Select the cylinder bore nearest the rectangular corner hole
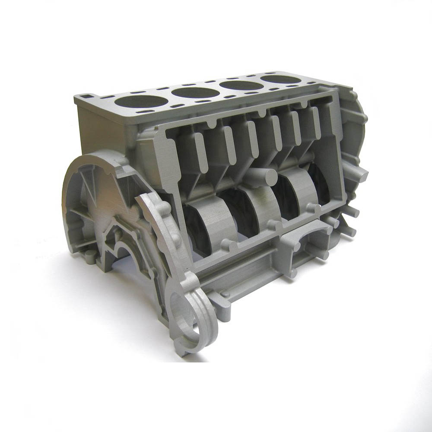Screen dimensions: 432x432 pos(141,102)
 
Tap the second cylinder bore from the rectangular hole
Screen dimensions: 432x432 pos(194,92)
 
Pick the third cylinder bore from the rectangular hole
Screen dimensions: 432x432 pos(241,85)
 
